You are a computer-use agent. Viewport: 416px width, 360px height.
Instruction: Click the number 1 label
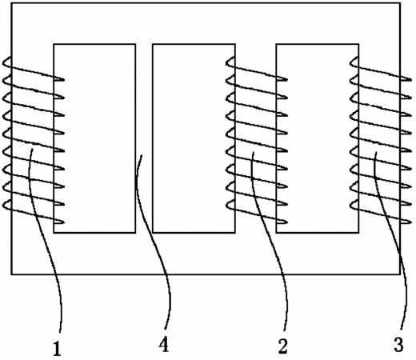click(x=57, y=349)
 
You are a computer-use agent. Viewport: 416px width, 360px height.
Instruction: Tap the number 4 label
click(x=164, y=344)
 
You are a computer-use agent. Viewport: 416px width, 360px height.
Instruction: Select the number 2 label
click(x=283, y=346)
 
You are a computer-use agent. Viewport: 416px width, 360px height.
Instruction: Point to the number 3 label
click(x=398, y=345)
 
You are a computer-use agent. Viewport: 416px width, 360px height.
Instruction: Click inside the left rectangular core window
click(x=94, y=138)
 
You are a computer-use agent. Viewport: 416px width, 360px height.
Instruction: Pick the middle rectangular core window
click(x=194, y=138)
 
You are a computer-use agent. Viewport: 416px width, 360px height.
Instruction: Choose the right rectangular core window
click(x=318, y=138)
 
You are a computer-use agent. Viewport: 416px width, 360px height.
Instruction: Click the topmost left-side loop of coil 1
click(x=6, y=62)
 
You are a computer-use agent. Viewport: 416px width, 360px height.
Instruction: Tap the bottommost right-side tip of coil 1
click(x=61, y=222)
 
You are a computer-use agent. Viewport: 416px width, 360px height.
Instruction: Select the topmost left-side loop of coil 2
click(x=230, y=62)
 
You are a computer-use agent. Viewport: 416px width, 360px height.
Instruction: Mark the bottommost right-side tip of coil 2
click(x=284, y=222)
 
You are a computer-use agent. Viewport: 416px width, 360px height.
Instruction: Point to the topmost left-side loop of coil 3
click(x=354, y=62)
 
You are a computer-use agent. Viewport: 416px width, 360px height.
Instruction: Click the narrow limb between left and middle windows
click(x=144, y=138)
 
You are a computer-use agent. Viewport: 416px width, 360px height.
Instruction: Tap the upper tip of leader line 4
click(x=142, y=155)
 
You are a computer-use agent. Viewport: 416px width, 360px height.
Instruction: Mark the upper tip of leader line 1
click(x=33, y=150)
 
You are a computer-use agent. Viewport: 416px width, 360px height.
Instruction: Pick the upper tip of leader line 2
click(x=254, y=152)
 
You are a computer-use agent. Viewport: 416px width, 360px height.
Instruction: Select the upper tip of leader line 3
click(x=376, y=152)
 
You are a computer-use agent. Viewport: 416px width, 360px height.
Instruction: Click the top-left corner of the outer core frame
click(x=11, y=3)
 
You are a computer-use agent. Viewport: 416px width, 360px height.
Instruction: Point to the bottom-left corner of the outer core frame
click(x=11, y=274)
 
